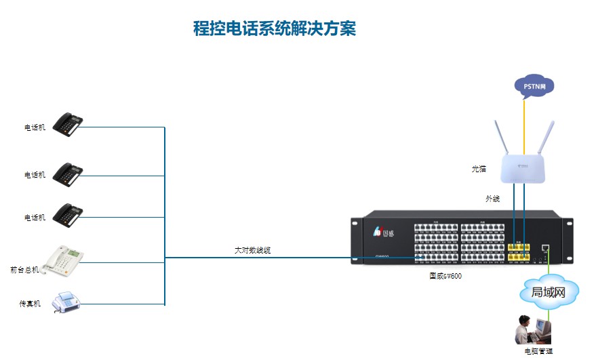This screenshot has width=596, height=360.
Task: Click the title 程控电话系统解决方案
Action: click(274, 28)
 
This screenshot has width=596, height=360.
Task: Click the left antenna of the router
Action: click(501, 139)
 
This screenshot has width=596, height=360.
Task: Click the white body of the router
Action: click(523, 168)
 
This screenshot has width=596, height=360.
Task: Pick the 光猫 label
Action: click(479, 169)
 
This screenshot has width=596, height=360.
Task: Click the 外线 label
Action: click(492, 199)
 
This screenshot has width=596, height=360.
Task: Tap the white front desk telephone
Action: click(62, 260)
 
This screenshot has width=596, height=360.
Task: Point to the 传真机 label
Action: click(30, 304)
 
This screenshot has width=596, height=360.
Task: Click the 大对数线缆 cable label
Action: click(253, 250)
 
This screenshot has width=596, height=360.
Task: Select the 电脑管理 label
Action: click(538, 351)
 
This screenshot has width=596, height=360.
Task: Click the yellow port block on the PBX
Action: click(518, 250)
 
